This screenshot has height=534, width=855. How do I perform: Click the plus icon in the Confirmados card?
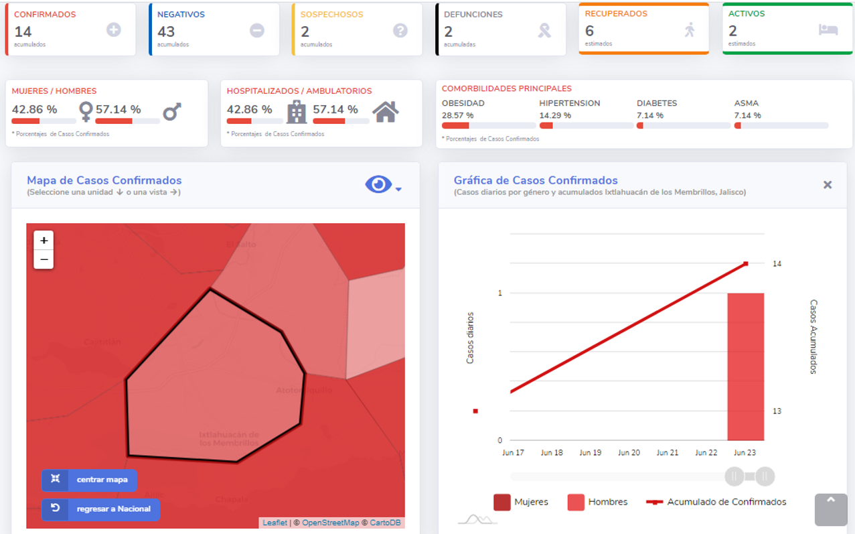coord(114,30)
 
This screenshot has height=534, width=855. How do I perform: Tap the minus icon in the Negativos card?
coord(257,30)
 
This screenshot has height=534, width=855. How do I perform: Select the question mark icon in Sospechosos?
coord(400,30)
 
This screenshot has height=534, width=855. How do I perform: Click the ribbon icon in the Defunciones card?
coord(544,30)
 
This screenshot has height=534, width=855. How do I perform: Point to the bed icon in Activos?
coord(828,29)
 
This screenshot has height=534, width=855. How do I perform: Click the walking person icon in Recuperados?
coord(690,29)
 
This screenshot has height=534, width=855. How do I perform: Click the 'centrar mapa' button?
coord(89,480)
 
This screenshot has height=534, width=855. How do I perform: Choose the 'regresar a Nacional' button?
coord(100,509)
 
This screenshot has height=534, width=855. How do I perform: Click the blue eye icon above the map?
coord(378,184)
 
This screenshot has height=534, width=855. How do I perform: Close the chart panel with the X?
coord(828,185)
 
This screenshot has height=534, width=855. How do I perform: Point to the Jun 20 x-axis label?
coord(629,453)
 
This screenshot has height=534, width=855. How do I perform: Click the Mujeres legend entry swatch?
coord(502,502)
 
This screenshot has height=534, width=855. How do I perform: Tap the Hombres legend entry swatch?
coord(576,502)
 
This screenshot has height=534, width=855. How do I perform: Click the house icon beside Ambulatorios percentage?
coord(386,112)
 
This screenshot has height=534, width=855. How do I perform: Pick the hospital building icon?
coord(296,112)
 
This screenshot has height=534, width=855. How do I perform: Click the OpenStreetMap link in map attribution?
coord(330,523)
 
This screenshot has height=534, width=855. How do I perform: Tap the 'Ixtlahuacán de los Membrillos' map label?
coord(229,439)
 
